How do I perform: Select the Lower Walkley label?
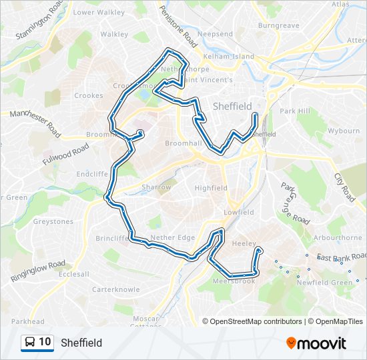click(x=99, y=12)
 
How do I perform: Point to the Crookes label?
click(x=88, y=95)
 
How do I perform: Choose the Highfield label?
click(x=211, y=188)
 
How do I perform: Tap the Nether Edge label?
click(x=173, y=237)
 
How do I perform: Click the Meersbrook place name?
click(x=234, y=281)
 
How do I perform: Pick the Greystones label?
click(x=53, y=221)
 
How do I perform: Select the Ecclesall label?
click(x=73, y=273)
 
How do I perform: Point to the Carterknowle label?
click(x=116, y=289)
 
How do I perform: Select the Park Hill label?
click(x=295, y=111)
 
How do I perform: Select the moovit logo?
click(x=316, y=343)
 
